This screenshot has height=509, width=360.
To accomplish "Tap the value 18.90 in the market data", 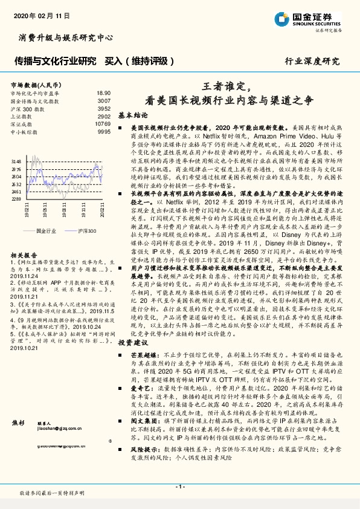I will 104,93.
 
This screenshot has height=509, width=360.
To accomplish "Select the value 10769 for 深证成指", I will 103,123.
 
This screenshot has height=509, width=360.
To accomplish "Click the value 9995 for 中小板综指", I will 104,131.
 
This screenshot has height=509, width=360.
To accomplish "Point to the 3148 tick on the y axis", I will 16,161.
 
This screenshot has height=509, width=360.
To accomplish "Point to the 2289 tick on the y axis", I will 16,198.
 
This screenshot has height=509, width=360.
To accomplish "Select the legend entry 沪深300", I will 88,231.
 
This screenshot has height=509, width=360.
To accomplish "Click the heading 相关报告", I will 24,255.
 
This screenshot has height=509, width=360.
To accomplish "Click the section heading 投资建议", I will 133,342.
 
